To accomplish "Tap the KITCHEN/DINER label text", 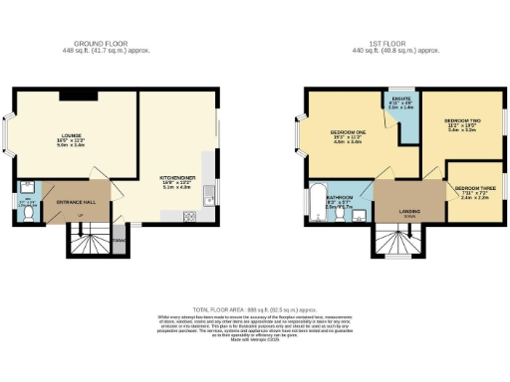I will point(175,179).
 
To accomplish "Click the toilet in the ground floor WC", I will point(30,211).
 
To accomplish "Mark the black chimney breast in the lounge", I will point(80,95).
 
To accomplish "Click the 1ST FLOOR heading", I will point(398,42).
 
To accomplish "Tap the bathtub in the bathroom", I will point(317,204).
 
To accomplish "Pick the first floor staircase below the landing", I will point(396,242).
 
